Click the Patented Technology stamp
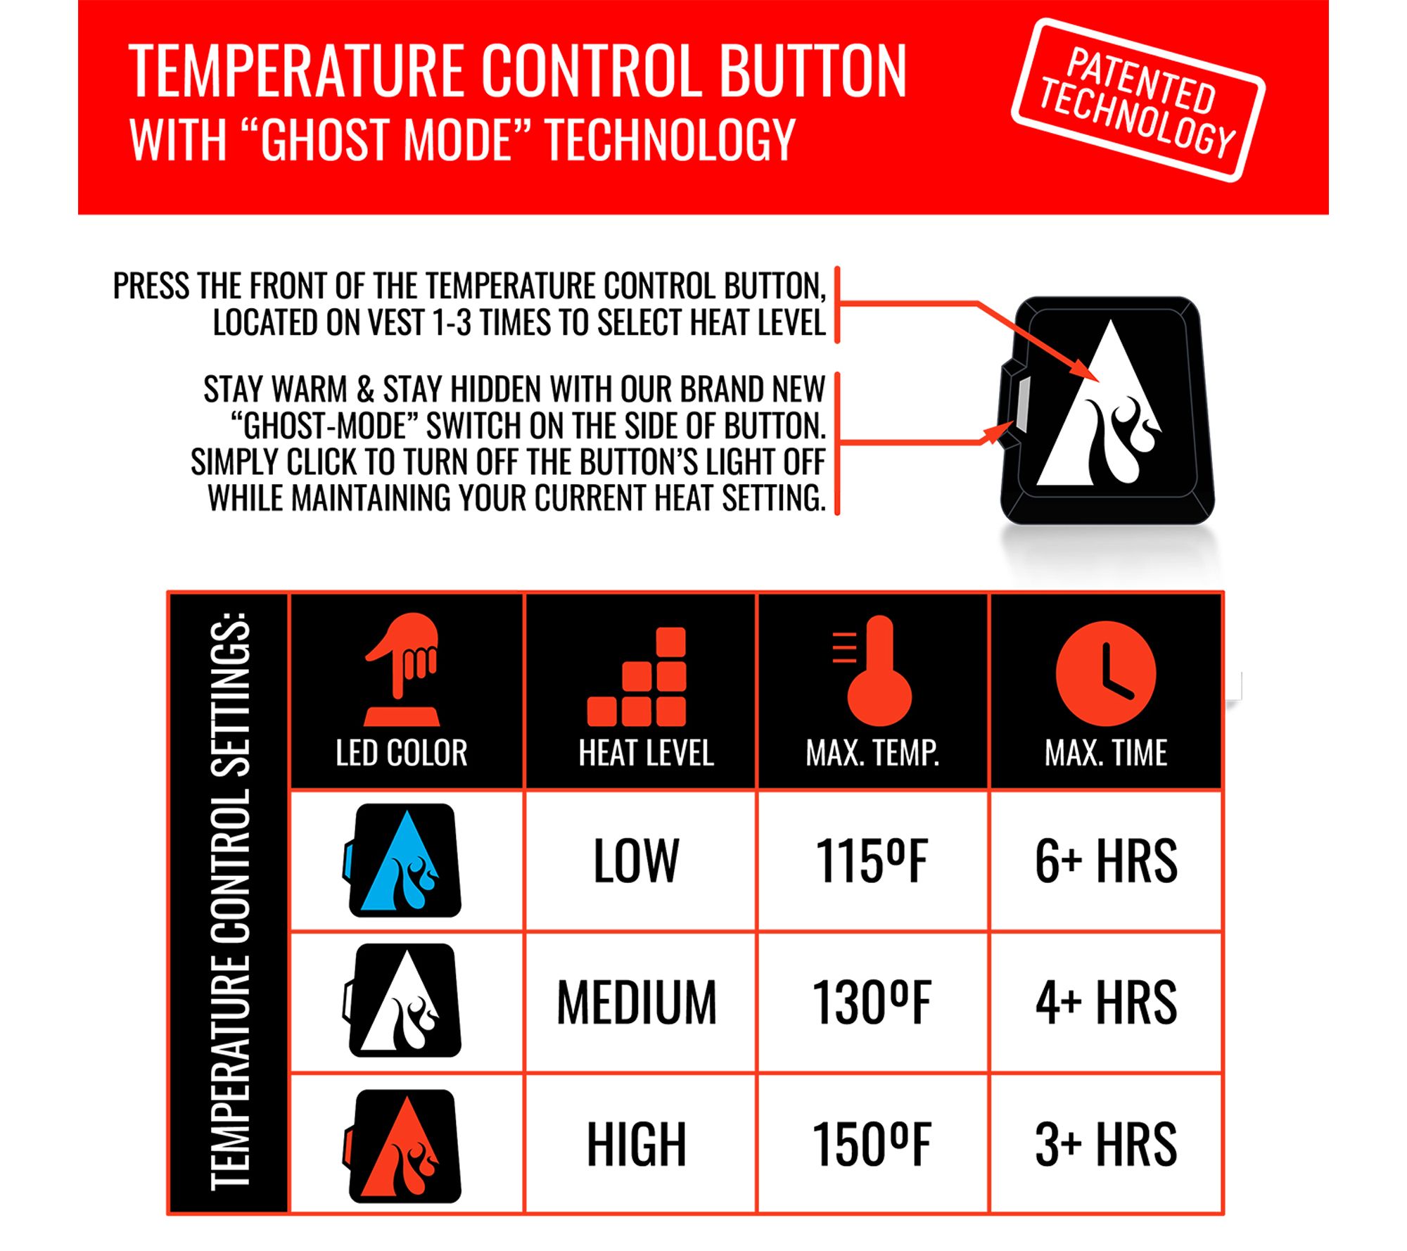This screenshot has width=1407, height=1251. pyautogui.click(x=1138, y=101)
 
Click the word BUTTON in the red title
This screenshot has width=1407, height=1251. pyautogui.click(x=813, y=70)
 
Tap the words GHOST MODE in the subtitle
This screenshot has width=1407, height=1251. pyautogui.click(x=386, y=139)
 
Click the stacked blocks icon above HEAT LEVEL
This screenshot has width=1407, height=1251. pyautogui.click(x=637, y=676)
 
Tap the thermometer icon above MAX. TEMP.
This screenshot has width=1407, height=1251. pyautogui.click(x=873, y=671)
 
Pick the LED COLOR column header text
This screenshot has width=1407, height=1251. pyautogui.click(x=402, y=753)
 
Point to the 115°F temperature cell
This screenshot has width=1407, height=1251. pyautogui.click(x=872, y=861)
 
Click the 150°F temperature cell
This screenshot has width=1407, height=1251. pyautogui.click(x=872, y=1145)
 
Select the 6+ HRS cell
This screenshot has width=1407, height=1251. pyautogui.click(x=1106, y=861)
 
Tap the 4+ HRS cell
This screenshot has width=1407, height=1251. pyautogui.click(x=1106, y=1003)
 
